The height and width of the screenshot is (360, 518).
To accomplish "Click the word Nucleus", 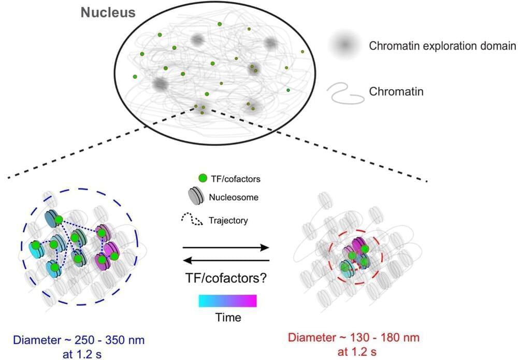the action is click(x=108, y=12).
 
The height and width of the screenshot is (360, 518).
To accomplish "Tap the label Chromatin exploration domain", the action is click(x=442, y=46).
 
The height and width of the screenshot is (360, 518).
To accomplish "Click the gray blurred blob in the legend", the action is click(x=344, y=44).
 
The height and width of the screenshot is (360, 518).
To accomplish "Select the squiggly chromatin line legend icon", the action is click(x=346, y=93).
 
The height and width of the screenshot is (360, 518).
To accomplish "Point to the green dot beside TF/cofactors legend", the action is click(x=203, y=178).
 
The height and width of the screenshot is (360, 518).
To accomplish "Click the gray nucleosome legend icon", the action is click(x=195, y=197).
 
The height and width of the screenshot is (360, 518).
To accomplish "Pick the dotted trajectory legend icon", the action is click(x=192, y=219).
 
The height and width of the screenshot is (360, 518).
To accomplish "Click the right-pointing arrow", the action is click(x=226, y=248).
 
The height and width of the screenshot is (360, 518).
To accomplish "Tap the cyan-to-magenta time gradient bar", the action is click(x=227, y=301).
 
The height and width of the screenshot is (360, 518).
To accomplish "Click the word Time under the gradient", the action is click(x=228, y=318).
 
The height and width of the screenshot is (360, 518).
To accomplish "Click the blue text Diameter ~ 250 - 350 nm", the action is click(x=79, y=340).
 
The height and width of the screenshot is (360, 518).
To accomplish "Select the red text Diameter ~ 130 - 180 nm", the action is click(x=354, y=338).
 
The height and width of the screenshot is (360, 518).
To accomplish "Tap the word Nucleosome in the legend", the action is click(x=234, y=197).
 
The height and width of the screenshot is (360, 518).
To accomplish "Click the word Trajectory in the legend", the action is click(x=228, y=220).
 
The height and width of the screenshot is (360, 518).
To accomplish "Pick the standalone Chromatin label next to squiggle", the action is click(x=396, y=91).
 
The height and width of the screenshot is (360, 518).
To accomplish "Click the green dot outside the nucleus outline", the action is click(x=303, y=51).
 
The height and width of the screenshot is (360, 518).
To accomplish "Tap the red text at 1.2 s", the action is click(x=357, y=352).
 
